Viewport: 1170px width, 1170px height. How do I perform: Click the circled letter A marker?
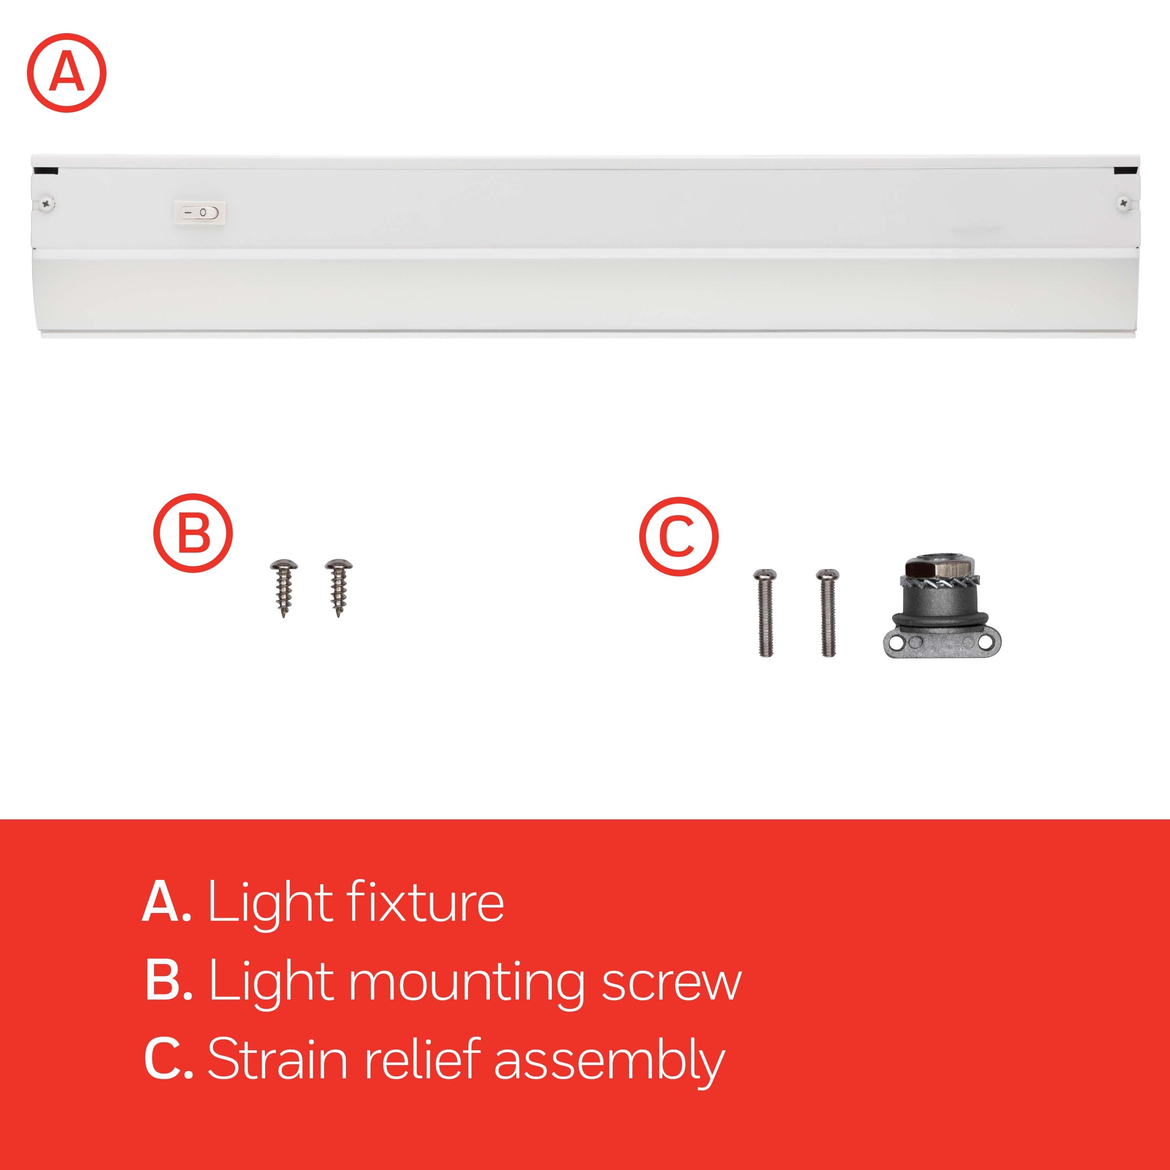(x=67, y=73)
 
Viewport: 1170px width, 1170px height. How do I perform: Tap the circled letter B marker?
(x=193, y=533)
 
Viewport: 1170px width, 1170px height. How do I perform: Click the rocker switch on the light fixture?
(x=200, y=213)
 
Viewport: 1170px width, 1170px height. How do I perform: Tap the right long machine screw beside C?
(x=827, y=612)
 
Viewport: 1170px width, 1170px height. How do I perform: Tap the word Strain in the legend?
(x=277, y=1060)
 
